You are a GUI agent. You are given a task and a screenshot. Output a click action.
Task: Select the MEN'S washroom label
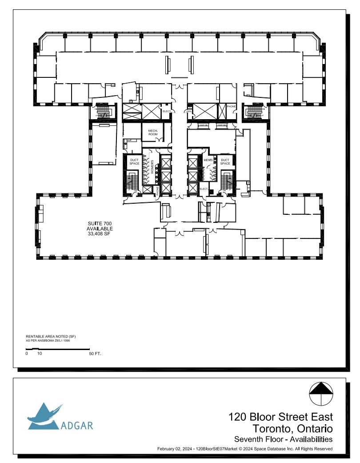[207, 160]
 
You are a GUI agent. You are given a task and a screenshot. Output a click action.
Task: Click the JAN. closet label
[189, 112]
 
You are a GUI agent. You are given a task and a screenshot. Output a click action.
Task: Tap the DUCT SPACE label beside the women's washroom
[134, 161]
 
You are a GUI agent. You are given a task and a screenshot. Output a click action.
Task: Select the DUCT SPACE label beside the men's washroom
[225, 161]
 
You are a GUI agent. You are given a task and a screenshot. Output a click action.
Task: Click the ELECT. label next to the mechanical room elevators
[167, 111]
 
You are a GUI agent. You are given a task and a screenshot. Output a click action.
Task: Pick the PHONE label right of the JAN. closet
[231, 107]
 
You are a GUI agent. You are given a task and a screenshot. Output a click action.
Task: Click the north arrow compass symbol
[321, 394]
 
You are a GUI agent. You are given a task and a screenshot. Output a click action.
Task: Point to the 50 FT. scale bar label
[95, 354]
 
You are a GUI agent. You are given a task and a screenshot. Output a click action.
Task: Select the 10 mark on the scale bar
[40, 354]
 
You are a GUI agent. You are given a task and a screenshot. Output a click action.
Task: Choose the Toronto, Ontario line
[292, 429]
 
